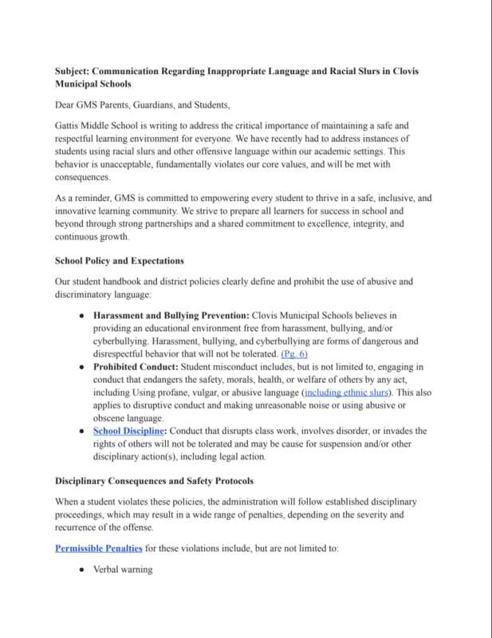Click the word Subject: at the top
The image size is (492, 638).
(76, 72)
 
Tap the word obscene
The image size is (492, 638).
(114, 418)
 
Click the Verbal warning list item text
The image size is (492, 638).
(122, 570)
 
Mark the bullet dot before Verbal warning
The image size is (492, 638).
(82, 570)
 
